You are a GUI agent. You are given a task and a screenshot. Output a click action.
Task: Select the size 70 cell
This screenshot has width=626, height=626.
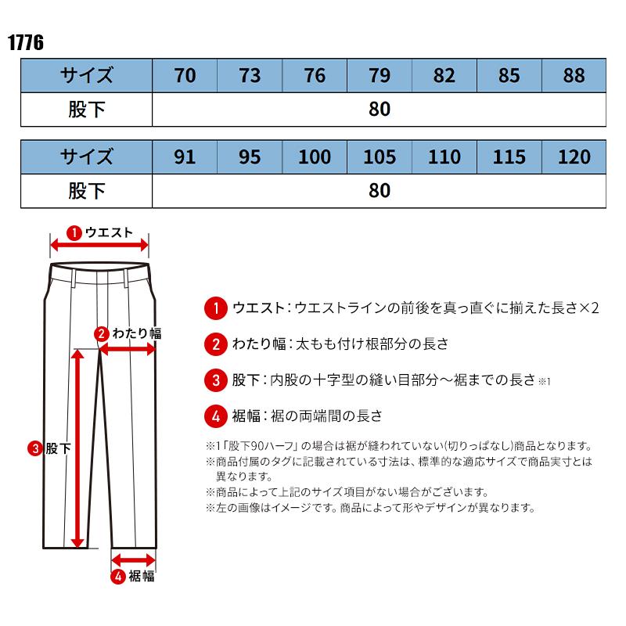pos(185,76)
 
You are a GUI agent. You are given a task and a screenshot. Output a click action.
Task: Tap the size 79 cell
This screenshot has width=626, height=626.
pos(380,76)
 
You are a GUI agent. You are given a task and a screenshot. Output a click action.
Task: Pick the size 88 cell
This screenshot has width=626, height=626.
pos(574,76)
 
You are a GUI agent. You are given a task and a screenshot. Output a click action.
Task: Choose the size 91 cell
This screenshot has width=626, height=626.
pos(185,157)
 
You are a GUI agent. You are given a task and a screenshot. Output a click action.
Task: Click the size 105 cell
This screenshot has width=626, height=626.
pos(380,157)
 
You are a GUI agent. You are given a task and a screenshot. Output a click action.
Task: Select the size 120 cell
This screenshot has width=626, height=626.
pos(574,157)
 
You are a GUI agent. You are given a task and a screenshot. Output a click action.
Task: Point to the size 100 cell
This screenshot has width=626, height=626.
pos(315,157)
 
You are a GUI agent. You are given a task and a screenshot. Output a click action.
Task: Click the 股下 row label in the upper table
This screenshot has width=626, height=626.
pos(87,110)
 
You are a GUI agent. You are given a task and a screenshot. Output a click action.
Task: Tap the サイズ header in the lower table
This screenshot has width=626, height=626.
pos(87,157)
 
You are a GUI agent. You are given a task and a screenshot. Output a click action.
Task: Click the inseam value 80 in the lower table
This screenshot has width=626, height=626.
pos(380,191)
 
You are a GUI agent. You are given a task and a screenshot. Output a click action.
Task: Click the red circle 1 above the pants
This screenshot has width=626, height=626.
pos(74,232)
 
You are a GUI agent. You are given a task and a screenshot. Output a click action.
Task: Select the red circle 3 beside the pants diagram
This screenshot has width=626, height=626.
pos(35,448)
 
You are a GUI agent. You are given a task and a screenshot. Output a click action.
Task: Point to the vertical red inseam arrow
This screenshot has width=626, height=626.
pos(77,448)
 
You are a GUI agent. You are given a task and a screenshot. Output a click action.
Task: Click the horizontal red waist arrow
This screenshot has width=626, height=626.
pos(99,246)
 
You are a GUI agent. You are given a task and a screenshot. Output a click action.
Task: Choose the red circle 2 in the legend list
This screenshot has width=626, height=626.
pos(215,344)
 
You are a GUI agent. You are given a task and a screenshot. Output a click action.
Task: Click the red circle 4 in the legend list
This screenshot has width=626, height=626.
pos(215,415)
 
